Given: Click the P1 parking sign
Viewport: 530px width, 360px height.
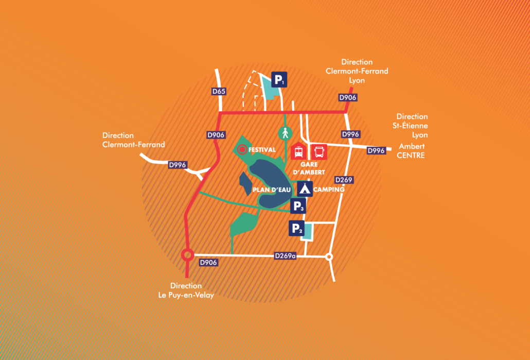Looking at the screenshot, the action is (x=279, y=80).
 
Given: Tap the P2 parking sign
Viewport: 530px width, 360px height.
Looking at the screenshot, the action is (x=296, y=228).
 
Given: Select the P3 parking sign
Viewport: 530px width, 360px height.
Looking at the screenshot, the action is (x=298, y=205).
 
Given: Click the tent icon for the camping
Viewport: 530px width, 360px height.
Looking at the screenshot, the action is (x=305, y=189).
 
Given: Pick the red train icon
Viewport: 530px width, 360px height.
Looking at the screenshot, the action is (x=298, y=152).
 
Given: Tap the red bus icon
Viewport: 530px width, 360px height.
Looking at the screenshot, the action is (x=319, y=152).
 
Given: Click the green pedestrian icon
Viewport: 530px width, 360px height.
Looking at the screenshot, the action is (x=285, y=133).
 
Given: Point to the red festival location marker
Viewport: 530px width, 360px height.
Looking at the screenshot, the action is (x=242, y=149).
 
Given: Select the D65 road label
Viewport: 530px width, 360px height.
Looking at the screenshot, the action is (x=219, y=91).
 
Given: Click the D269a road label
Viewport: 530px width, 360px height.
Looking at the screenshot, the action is (x=285, y=256).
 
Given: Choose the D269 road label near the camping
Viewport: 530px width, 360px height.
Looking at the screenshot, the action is (x=344, y=180).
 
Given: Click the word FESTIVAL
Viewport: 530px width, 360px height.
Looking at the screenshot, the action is (x=262, y=149).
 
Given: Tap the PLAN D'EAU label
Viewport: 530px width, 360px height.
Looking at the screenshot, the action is (x=272, y=190).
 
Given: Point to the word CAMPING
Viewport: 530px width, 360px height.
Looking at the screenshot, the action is (x=329, y=190).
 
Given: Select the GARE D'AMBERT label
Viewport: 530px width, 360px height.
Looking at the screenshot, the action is (x=309, y=168).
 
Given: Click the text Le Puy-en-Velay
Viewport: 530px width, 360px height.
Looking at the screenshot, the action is (x=186, y=295).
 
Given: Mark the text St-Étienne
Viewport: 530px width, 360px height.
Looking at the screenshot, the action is (x=410, y=126).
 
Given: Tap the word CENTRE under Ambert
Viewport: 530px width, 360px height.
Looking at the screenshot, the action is (x=410, y=156).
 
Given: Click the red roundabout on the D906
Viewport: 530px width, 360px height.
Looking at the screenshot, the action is (x=187, y=255).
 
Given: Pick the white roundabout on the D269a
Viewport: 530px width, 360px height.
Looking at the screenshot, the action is (x=329, y=257).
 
